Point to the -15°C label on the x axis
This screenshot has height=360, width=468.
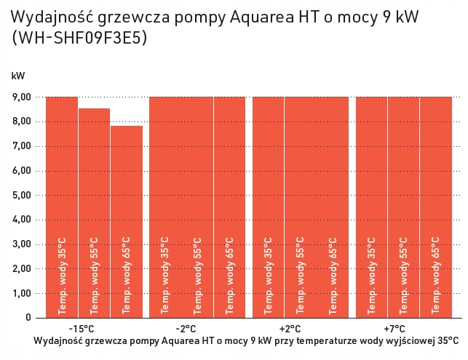pyautogui.click(x=81, y=329)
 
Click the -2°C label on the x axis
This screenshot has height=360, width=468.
pyautogui.click(x=186, y=329)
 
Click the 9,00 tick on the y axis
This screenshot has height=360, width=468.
pyautogui.click(x=22, y=97)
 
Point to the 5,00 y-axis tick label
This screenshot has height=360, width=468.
pyautogui.click(x=22, y=195)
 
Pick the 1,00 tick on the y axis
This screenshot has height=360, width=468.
pyautogui.click(x=22, y=293)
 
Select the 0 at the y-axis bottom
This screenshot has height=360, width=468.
pyautogui.click(x=28, y=318)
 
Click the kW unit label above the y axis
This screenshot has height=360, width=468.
pyautogui.click(x=17, y=75)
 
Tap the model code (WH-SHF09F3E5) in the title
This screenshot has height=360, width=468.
pyautogui.click(x=80, y=39)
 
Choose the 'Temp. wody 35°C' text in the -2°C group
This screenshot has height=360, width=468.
pyautogui.click(x=165, y=275)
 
